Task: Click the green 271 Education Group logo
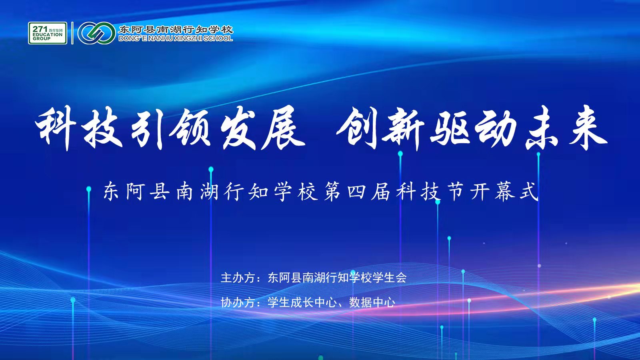48,33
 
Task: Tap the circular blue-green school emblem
96,33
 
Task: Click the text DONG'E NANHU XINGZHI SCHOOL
176,38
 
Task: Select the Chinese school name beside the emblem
176,30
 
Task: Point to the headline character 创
358,128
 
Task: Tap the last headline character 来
587,128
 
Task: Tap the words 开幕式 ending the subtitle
505,192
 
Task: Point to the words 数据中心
372,302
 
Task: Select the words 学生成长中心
302,302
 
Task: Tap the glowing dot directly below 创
400,154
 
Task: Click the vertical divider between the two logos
72,33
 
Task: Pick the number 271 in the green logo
40,29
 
